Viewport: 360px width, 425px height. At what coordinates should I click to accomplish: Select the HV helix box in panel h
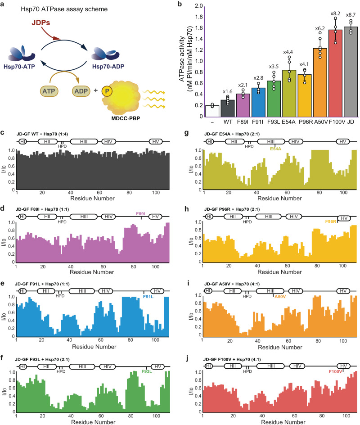point(344,218)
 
